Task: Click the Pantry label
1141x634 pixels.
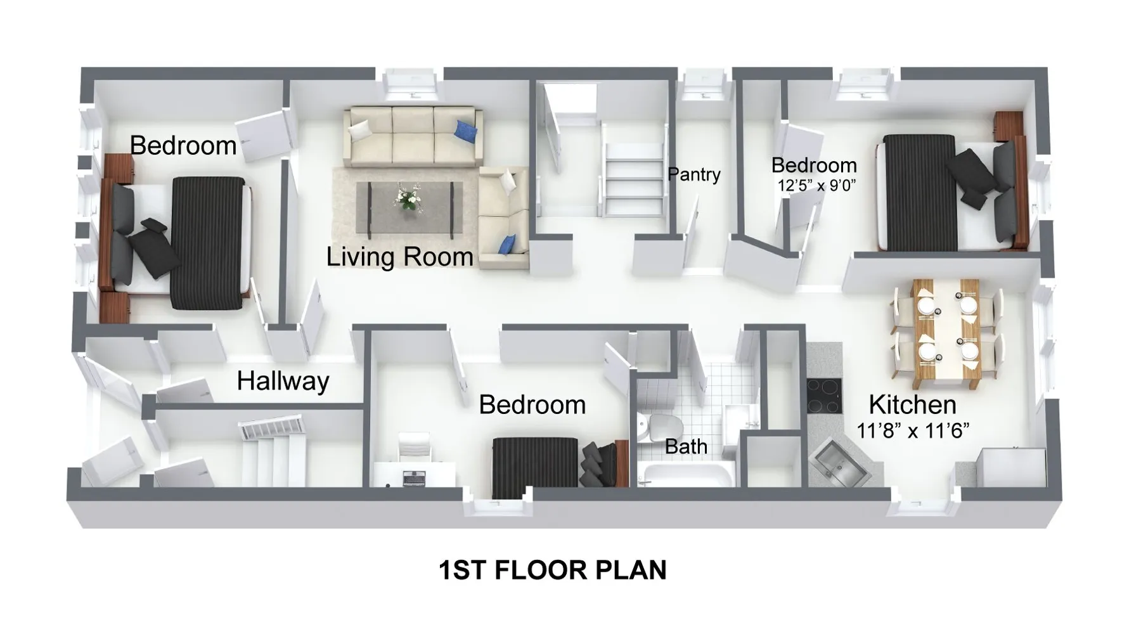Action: [x=694, y=174]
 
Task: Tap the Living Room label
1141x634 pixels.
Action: [x=400, y=257]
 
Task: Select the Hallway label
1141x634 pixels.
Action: [x=283, y=381]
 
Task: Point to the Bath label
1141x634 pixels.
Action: [x=686, y=446]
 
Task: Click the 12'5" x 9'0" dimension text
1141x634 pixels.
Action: [x=817, y=186]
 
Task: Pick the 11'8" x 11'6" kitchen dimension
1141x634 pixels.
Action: [x=913, y=431]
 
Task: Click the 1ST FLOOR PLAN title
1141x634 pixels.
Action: [x=552, y=570]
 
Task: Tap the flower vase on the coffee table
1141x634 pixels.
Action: [x=407, y=197]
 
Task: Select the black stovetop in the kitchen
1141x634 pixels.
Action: [x=824, y=397]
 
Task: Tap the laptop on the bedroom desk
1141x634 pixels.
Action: [x=414, y=479]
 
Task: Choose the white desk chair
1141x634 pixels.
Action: [x=415, y=446]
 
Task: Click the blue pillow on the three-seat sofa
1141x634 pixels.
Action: [x=467, y=131]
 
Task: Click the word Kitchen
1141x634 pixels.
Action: [x=912, y=404]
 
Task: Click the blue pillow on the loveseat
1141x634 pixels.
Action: [x=507, y=243]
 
